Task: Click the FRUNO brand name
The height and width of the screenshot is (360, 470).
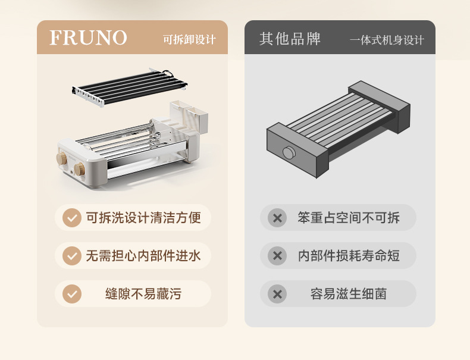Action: click(88, 38)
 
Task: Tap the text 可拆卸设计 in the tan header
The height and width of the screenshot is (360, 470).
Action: click(189, 40)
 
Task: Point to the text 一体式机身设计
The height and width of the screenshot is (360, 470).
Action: click(387, 40)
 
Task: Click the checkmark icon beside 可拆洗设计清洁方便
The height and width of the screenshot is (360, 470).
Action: click(72, 218)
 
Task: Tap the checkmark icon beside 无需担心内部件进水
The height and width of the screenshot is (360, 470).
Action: click(72, 256)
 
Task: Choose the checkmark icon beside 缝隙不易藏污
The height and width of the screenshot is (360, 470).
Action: click(72, 294)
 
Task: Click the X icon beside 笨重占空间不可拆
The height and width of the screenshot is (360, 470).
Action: click(277, 218)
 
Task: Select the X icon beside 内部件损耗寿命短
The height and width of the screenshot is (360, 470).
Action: click(277, 256)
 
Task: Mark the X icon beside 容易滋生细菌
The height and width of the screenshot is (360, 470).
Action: click(277, 294)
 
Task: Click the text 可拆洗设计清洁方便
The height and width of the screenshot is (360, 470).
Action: click(143, 218)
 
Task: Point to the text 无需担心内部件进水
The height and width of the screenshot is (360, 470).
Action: click(143, 256)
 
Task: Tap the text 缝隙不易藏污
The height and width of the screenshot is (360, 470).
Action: click(143, 294)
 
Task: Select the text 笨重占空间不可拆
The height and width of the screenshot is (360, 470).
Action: click(349, 218)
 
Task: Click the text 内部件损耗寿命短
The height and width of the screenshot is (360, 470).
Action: click(349, 256)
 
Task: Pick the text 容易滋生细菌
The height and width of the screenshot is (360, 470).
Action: click(349, 294)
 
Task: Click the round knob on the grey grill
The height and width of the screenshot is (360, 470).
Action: click(289, 153)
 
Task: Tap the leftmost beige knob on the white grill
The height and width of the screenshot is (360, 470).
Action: click(61, 158)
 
